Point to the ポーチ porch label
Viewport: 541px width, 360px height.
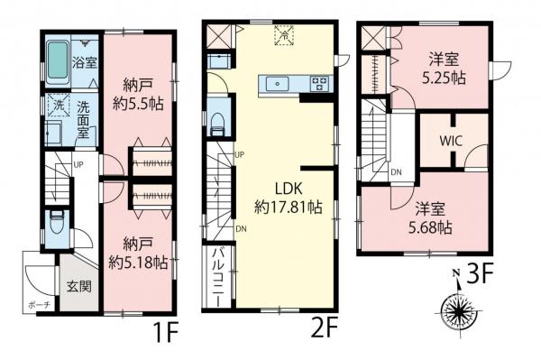click(x=39, y=304)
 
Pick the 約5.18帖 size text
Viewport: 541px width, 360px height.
click(x=138, y=263)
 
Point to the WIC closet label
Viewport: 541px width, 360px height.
click(x=452, y=141)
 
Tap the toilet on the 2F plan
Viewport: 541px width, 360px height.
click(x=217, y=123)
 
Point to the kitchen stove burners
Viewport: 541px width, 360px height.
click(x=319, y=84)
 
